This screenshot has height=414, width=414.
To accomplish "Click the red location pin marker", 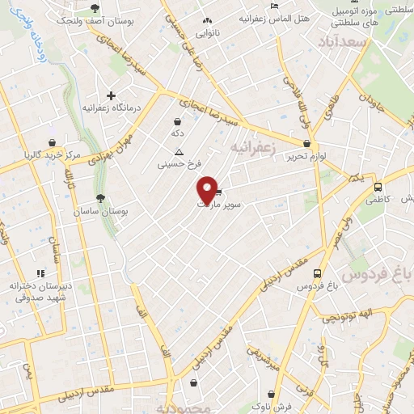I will tap(208, 189).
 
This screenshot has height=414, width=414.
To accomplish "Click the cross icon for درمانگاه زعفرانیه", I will tap(111, 95).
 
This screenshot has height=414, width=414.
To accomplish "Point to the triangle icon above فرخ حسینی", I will tap(179, 152).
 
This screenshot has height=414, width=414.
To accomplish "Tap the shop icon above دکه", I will tap(177, 121).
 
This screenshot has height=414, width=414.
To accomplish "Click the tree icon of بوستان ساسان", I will tap(100, 197).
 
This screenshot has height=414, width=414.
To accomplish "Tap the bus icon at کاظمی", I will tap(378, 187).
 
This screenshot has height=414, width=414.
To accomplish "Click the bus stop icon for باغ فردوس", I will tap(316, 273).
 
